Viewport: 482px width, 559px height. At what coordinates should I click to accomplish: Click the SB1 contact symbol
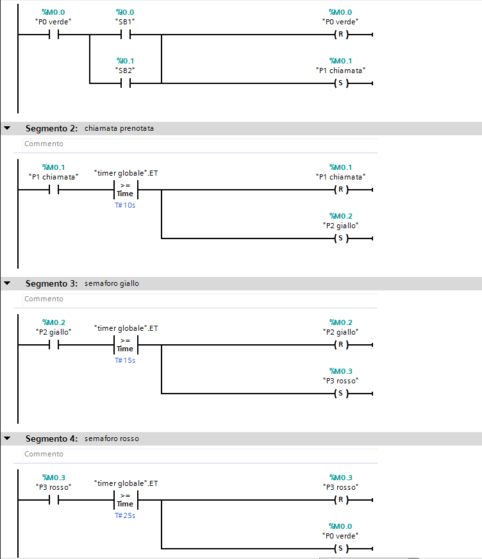[125, 35]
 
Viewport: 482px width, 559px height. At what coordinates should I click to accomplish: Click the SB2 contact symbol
[125, 83]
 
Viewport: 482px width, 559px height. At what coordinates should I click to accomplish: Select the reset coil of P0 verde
[340, 35]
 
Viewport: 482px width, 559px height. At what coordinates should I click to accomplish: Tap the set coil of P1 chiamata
[340, 83]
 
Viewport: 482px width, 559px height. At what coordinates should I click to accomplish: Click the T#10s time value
[125, 205]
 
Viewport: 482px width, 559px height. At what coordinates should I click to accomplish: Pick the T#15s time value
[125, 360]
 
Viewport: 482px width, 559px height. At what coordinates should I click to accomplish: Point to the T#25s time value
[125, 515]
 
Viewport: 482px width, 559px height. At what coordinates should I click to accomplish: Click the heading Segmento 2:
[51, 128]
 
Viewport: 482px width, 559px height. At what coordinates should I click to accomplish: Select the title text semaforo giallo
[112, 283]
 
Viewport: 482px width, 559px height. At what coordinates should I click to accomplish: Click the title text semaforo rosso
[112, 438]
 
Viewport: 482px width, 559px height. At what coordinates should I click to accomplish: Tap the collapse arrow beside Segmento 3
[7, 283]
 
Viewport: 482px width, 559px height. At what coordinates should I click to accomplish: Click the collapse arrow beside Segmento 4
[7, 438]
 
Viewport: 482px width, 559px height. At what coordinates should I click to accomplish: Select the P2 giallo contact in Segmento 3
[54, 345]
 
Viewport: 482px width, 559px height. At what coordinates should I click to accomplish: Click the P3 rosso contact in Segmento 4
[54, 500]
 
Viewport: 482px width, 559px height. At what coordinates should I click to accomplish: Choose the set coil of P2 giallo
[340, 238]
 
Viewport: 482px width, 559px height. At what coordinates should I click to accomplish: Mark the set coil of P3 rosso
[340, 393]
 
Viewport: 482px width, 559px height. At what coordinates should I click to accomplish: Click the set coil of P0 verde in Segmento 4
[340, 548]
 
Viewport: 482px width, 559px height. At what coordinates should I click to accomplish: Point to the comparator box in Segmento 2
[125, 190]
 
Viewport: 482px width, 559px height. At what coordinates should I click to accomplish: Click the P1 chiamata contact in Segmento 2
[54, 190]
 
